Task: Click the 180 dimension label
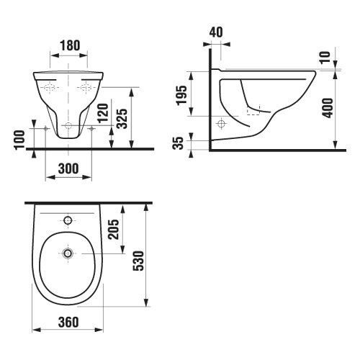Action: [70, 45]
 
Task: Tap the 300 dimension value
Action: [68, 168]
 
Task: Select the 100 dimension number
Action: [20, 140]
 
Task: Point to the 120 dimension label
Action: [104, 113]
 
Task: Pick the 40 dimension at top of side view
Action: [216, 32]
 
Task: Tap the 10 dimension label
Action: [326, 57]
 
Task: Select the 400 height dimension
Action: [328, 108]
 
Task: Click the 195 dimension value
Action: [181, 95]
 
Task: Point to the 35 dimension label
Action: [179, 143]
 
